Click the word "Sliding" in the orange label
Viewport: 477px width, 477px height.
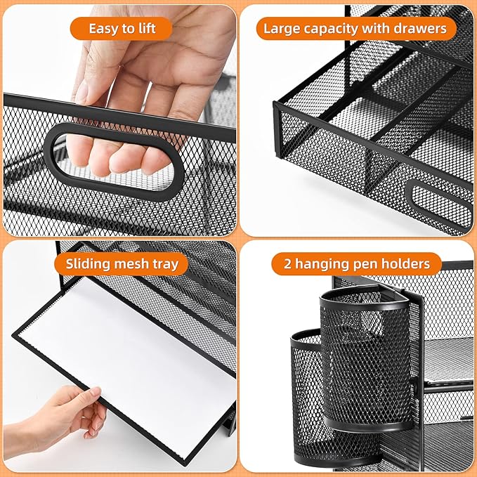[x=89, y=265]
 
